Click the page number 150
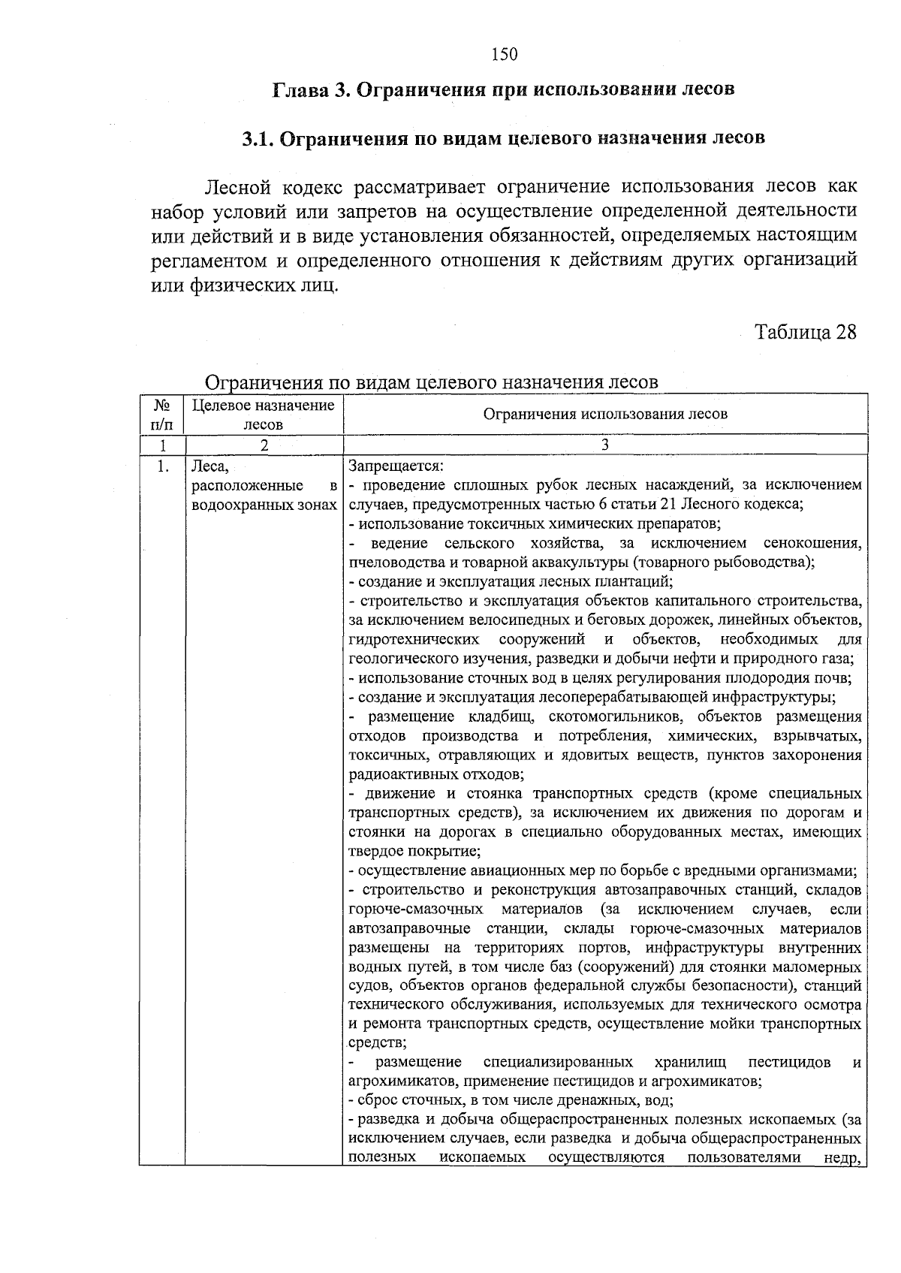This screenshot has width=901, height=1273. (x=505, y=53)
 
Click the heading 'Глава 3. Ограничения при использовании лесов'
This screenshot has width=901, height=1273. (x=502, y=89)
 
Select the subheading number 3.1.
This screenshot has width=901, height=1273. (x=259, y=139)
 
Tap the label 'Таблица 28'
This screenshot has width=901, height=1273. (x=805, y=332)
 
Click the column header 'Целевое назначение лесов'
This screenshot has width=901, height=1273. (x=263, y=415)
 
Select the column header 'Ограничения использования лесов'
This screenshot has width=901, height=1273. (x=604, y=414)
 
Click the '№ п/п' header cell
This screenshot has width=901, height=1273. (x=161, y=415)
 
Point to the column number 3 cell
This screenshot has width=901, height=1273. (x=604, y=445)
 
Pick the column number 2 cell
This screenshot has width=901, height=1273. (x=263, y=445)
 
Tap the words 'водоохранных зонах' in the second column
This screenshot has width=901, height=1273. (x=264, y=505)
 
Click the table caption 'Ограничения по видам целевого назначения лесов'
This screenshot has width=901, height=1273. (x=432, y=382)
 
